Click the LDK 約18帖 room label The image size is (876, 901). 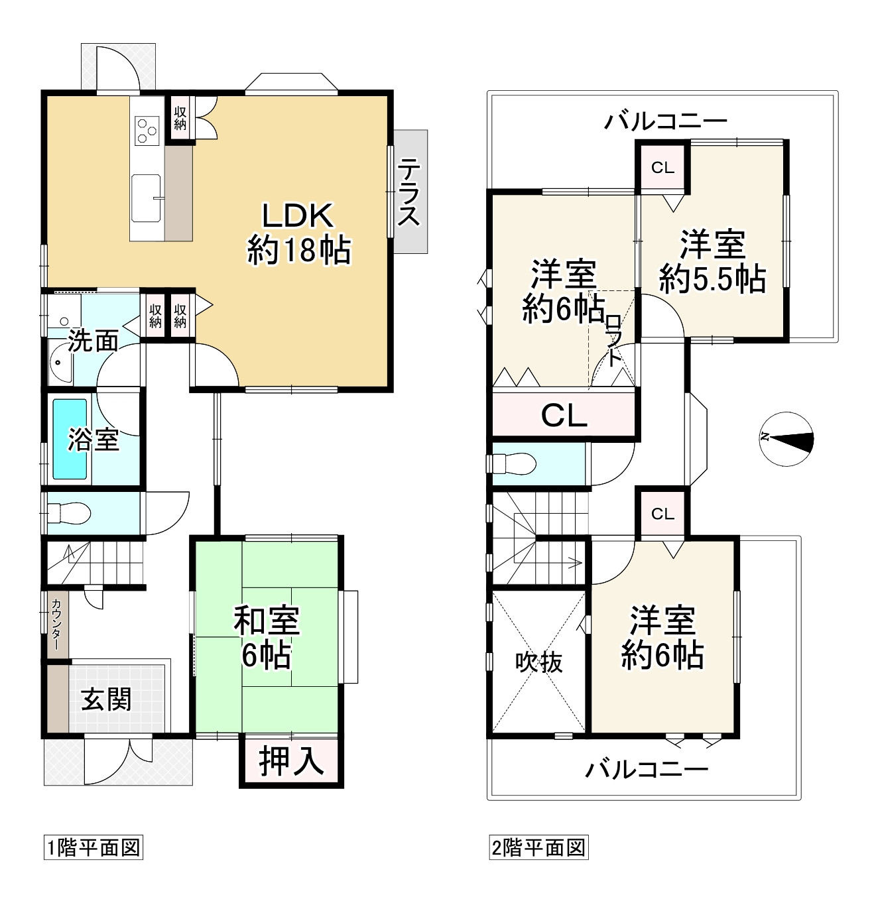(x=298, y=233)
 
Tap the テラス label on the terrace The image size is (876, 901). (x=408, y=192)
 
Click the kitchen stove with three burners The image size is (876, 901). (x=147, y=130)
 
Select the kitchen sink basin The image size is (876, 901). (x=146, y=197)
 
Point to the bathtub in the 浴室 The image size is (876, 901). (x=70, y=439)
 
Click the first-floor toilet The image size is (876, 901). (x=69, y=512)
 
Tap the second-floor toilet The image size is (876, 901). (x=515, y=463)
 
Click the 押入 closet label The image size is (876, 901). (x=291, y=760)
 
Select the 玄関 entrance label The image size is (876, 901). (x=106, y=699)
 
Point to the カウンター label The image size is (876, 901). (x=58, y=624)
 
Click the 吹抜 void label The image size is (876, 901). (x=539, y=662)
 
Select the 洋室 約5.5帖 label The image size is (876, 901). (x=712, y=261)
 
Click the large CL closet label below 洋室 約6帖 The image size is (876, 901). (x=564, y=416)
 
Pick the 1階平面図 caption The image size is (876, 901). (x=93, y=847)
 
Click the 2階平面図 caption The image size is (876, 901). (x=538, y=847)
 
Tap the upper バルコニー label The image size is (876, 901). (x=665, y=121)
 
